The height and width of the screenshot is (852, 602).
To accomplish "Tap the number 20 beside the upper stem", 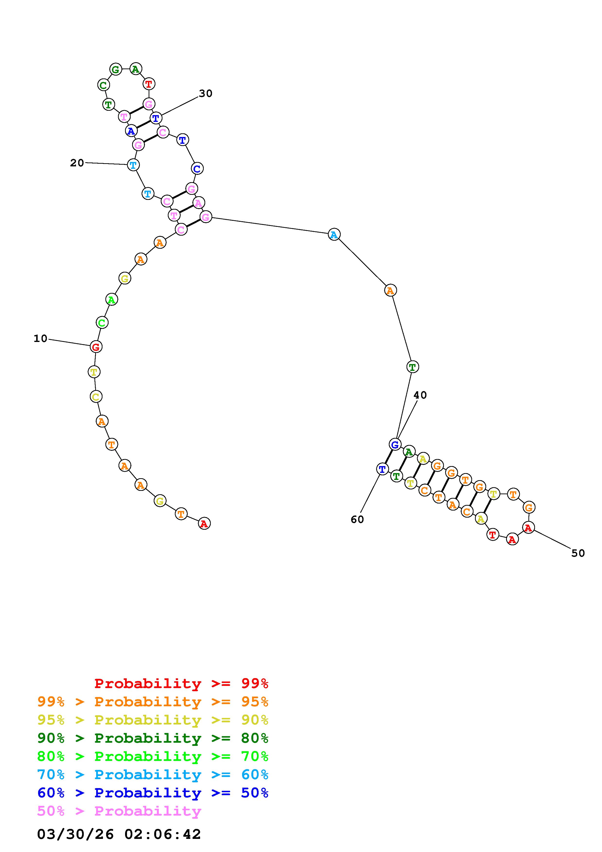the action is tap(77, 163).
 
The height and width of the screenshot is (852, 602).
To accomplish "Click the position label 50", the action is tap(578, 553).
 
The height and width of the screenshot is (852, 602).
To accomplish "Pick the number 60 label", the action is tap(357, 520).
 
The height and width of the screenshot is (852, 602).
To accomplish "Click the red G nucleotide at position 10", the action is tap(96, 347).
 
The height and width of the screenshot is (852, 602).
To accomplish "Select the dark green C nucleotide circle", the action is tap(103, 85).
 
